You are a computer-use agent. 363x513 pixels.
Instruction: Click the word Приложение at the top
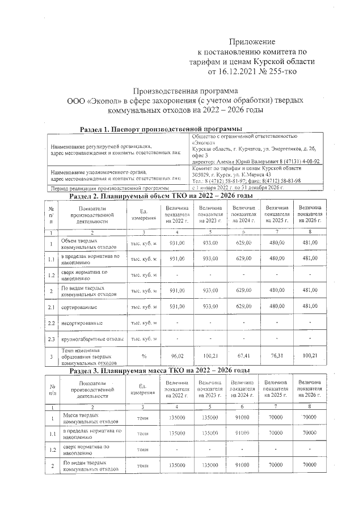(252, 41)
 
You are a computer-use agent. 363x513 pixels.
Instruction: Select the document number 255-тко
(278, 71)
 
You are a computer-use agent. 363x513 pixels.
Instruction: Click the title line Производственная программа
(185, 91)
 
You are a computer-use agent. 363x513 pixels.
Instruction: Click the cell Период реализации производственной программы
(110, 188)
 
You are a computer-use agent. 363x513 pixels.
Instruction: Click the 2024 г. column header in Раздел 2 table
(243, 217)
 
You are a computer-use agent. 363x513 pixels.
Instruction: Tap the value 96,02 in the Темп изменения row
(179, 357)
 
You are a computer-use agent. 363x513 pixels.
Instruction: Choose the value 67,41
(243, 357)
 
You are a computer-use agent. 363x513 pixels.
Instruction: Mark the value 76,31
(276, 357)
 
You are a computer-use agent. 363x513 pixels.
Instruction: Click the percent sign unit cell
(143, 357)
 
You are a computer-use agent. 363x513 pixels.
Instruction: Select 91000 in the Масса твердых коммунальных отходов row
(243, 418)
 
